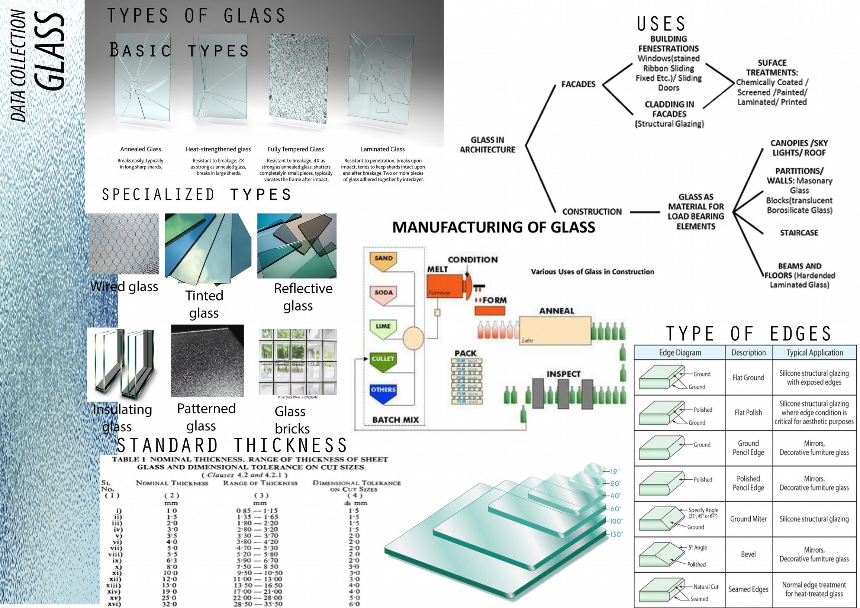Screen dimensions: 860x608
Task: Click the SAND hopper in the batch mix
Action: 383,261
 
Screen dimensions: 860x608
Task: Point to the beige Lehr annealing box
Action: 555,330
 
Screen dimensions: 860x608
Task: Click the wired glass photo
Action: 123,244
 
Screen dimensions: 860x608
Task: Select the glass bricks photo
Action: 297,361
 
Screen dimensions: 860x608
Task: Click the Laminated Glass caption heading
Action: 383,149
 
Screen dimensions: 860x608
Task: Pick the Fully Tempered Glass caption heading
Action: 296,149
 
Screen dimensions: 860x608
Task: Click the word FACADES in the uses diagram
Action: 578,84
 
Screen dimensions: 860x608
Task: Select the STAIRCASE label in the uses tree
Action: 799,233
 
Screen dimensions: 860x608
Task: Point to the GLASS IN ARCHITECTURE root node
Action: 487,145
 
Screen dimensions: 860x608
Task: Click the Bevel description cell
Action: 748,554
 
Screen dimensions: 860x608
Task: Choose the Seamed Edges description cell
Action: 748,589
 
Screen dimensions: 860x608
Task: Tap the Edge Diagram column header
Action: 680,353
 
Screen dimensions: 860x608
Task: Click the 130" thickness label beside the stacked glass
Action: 615,534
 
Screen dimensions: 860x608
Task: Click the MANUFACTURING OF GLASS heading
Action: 493,227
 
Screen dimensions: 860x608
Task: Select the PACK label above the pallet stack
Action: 465,353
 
